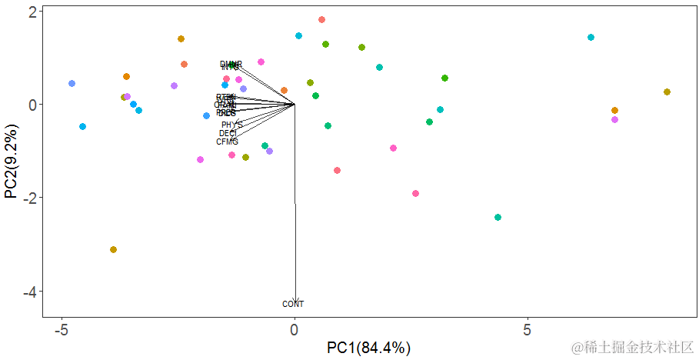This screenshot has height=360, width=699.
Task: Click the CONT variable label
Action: (293, 305)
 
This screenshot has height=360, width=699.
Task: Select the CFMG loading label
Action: (227, 142)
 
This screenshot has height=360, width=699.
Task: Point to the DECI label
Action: (228, 133)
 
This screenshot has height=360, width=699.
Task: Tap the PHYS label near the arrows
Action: (231, 125)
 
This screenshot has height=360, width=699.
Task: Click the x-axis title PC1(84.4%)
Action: (369, 348)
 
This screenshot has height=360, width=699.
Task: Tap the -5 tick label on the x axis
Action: (62, 330)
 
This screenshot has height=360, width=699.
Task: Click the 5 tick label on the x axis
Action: (528, 330)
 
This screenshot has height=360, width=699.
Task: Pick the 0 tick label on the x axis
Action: (295, 330)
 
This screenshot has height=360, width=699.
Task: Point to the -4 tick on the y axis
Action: (28, 292)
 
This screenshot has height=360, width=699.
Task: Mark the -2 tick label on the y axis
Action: (28, 198)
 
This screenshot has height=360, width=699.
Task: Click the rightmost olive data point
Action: (667, 92)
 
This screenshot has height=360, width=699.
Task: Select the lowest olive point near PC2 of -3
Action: (113, 249)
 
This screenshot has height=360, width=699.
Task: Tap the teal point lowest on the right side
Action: (498, 218)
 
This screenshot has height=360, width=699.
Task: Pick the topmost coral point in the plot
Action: (321, 20)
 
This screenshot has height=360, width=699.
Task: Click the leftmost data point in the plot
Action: (72, 84)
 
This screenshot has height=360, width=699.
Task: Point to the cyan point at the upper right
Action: (591, 38)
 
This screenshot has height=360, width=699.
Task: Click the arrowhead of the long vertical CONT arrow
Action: (295, 301)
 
